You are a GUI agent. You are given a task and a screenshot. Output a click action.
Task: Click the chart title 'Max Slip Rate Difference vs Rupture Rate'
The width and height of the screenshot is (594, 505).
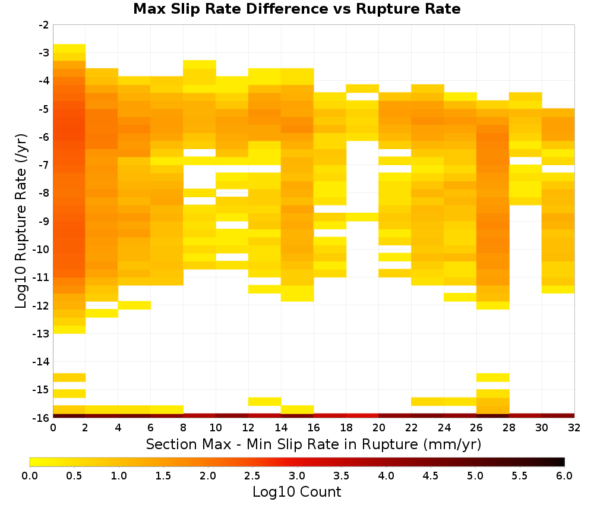click(296, 8)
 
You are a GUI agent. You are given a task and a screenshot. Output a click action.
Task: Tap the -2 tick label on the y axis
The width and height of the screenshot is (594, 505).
click(44, 25)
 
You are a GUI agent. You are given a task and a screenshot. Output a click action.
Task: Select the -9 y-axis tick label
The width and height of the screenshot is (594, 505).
click(44, 221)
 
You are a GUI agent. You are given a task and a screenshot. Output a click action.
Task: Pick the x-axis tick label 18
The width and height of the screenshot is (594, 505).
click(346, 428)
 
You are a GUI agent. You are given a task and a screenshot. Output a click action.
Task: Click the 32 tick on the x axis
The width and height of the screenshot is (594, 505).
click(574, 428)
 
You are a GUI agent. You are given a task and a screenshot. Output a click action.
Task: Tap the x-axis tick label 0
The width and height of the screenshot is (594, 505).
click(53, 428)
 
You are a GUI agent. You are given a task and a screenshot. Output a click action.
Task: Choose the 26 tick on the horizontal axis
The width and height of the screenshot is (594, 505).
click(476, 428)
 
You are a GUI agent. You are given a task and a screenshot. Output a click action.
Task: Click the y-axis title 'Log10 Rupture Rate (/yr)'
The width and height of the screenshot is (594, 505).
click(21, 221)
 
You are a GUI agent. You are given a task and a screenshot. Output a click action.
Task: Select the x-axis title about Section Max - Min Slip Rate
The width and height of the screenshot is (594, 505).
click(313, 444)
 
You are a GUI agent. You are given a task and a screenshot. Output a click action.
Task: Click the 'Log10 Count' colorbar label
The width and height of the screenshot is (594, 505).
click(296, 492)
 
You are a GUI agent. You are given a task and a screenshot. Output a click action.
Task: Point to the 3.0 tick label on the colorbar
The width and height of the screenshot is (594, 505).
click(297, 475)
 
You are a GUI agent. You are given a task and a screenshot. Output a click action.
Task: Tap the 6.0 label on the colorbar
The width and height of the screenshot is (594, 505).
click(564, 475)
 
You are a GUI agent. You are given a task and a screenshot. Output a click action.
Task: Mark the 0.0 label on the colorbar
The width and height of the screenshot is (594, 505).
click(30, 475)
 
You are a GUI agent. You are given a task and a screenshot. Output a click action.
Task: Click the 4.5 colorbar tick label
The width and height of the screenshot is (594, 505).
click(430, 475)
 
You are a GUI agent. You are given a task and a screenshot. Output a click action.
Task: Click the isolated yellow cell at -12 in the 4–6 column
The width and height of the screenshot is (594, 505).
click(134, 305)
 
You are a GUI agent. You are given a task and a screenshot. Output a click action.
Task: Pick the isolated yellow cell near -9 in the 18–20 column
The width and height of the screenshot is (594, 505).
click(362, 217)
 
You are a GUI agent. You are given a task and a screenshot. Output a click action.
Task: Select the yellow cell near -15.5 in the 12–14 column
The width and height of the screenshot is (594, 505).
click(265, 402)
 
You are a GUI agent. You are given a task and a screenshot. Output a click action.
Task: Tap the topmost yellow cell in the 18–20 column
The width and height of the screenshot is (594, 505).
click(362, 89)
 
